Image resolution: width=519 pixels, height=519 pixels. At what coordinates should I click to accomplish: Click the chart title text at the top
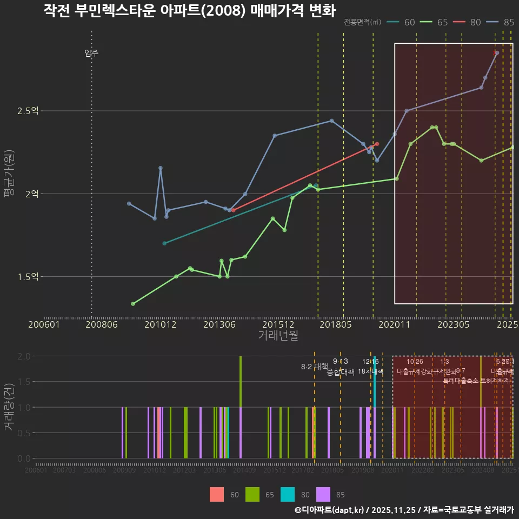point(189,11)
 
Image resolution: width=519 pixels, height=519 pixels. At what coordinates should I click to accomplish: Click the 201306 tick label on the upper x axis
point(219,325)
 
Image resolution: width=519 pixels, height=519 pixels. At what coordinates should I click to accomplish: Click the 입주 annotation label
point(91,53)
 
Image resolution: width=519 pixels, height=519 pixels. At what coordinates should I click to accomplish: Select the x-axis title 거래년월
point(278,336)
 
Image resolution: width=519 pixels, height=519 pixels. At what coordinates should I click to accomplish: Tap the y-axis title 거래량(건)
point(9,407)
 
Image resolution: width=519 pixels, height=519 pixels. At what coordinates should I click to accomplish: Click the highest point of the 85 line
point(497,52)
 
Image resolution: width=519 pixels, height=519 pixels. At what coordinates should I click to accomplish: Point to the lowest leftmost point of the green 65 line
point(133,304)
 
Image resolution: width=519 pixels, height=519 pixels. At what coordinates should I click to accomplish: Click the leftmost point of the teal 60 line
point(164,243)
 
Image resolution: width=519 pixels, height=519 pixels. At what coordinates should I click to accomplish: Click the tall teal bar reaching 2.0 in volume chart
point(375,381)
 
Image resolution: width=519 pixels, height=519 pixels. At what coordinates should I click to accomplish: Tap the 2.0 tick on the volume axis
point(24,356)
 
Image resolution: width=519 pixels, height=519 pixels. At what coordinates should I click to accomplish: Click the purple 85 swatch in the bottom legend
point(323,494)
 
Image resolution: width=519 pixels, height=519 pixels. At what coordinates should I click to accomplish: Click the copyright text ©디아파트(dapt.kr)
point(330,510)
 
